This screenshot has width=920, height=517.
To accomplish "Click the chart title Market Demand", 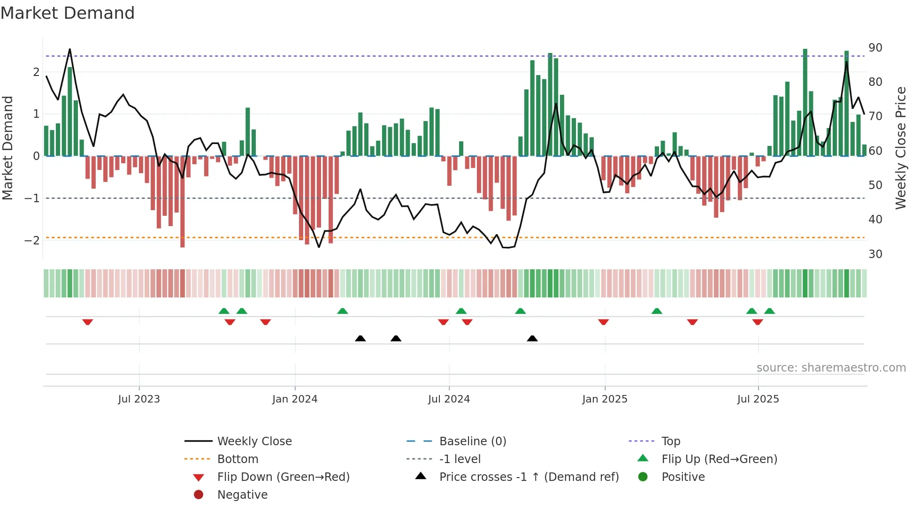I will pyautogui.click(x=68, y=13).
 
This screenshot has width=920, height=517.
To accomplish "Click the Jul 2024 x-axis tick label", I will pyautogui.click(x=449, y=399).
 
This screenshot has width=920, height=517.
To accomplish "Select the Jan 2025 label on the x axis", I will pyautogui.click(x=605, y=399).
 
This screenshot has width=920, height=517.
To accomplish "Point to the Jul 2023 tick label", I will pyautogui.click(x=139, y=399).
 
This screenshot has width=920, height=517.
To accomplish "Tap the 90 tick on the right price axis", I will pyautogui.click(x=875, y=48).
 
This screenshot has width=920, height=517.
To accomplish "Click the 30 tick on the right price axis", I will pyautogui.click(x=875, y=254).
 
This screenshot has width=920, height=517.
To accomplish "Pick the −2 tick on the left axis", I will pyautogui.click(x=32, y=241).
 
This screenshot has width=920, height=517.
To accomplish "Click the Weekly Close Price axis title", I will pyautogui.click(x=900, y=148).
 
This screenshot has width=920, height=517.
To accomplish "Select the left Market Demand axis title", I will pyautogui.click(x=8, y=148).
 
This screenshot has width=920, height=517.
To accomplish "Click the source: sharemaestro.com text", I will pyautogui.click(x=831, y=368).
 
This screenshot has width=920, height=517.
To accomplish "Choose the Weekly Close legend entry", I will pyautogui.click(x=254, y=441).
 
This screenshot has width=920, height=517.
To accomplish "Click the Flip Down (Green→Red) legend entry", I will pyautogui.click(x=283, y=477).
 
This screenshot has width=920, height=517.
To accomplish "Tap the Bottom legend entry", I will pyautogui.click(x=238, y=459).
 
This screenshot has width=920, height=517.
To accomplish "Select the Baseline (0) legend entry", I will pyautogui.click(x=472, y=441).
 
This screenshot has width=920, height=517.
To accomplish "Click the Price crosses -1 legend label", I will pyautogui.click(x=529, y=477).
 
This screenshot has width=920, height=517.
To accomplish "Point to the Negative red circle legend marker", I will pyautogui.click(x=199, y=495).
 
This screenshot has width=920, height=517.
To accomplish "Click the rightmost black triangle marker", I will pyautogui.click(x=532, y=338).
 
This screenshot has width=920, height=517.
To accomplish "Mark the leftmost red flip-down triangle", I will pyautogui.click(x=87, y=322).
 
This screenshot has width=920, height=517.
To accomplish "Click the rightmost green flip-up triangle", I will pyautogui.click(x=769, y=311).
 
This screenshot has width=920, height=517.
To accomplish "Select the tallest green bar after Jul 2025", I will pyautogui.click(x=805, y=102).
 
